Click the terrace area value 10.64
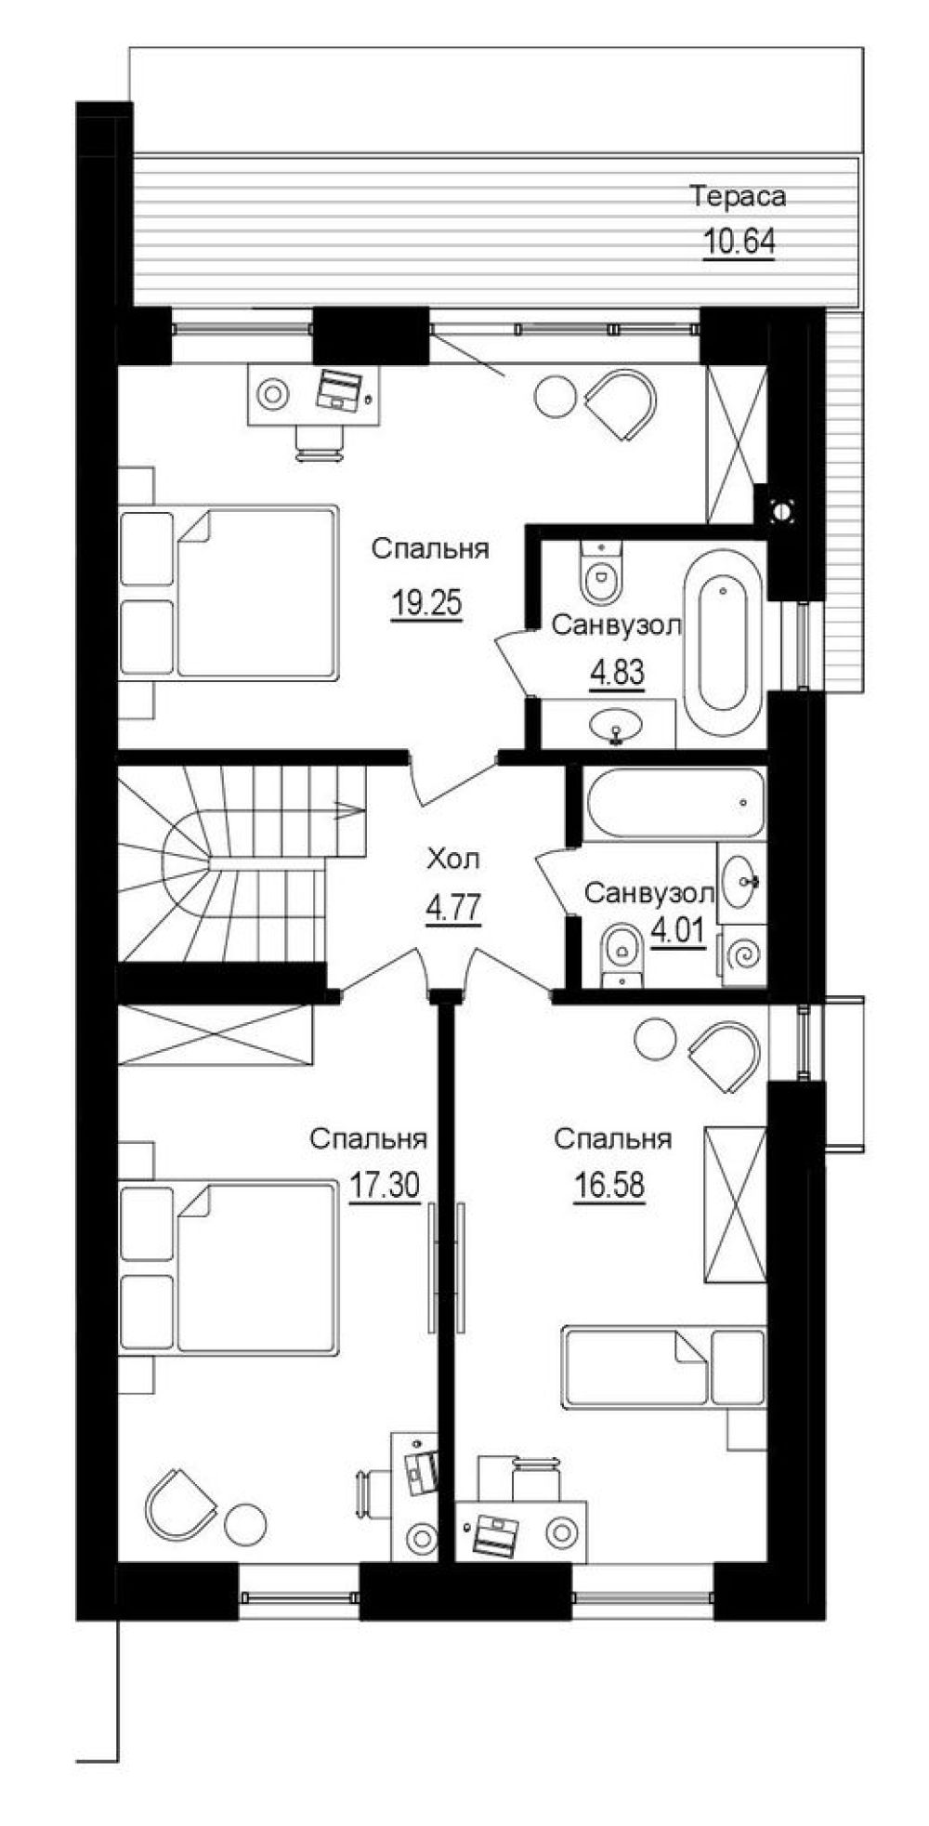click(x=739, y=242)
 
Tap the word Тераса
click(x=739, y=196)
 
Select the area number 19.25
click(x=426, y=604)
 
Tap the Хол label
click(x=452, y=860)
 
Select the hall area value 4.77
click(x=452, y=908)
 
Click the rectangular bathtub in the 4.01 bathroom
click(x=675, y=804)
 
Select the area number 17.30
click(x=385, y=1186)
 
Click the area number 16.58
click(x=609, y=1186)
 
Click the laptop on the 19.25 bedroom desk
click(x=336, y=388)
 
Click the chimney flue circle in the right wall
click(x=782, y=509)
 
